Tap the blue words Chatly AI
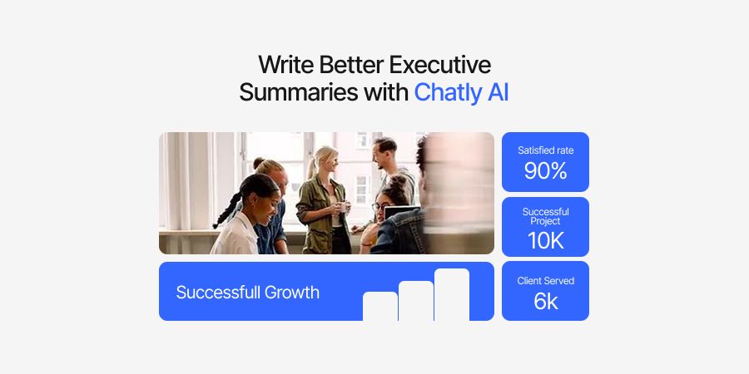pos(461,92)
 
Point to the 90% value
pos(545,171)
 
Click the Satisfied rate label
pos(545,150)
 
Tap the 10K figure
pos(545,240)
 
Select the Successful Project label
pos(545,217)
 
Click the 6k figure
pos(545,301)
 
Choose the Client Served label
pos(545,281)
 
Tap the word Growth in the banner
pos(291,293)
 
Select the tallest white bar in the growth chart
pos(452,294)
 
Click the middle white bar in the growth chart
pos(416,300)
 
